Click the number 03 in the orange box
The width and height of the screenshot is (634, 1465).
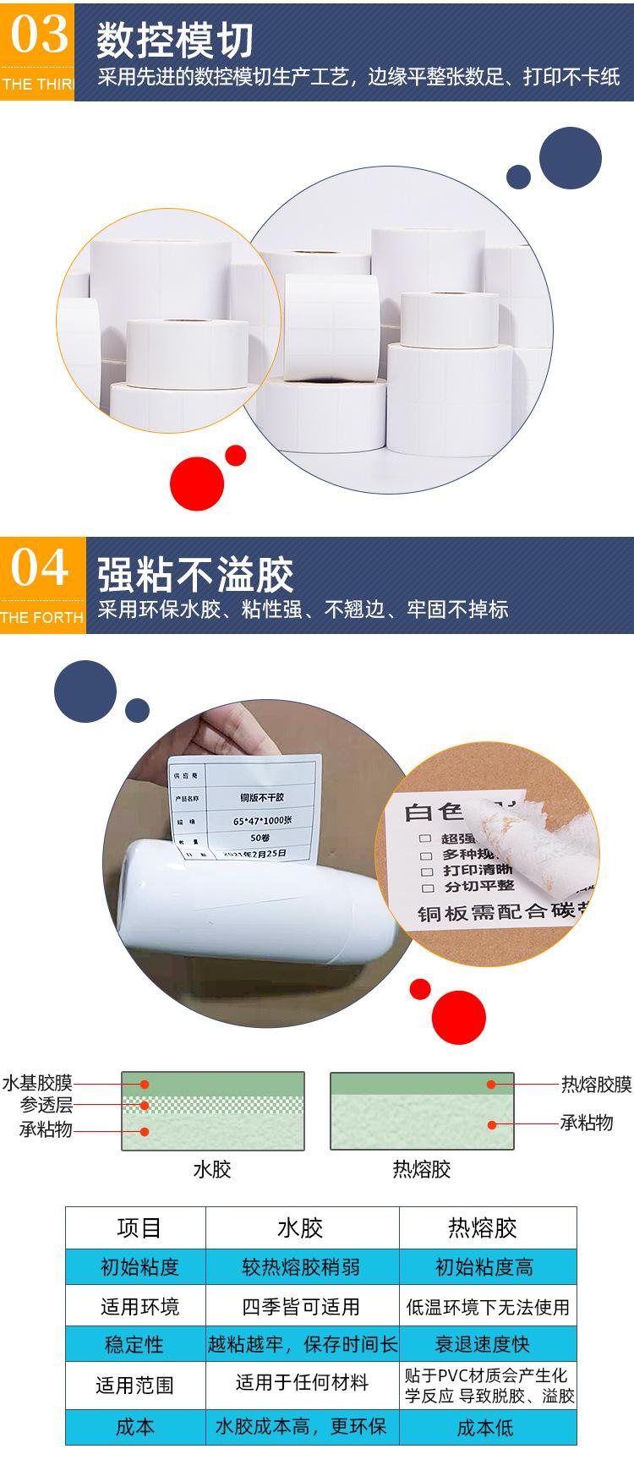click(x=37, y=36)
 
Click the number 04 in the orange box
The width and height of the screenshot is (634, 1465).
click(x=39, y=568)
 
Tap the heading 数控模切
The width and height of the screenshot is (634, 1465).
click(x=174, y=41)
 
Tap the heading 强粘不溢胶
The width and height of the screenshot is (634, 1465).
click(x=195, y=575)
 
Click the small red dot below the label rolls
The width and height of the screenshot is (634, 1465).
click(x=236, y=456)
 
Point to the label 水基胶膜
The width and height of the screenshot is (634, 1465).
click(x=37, y=1083)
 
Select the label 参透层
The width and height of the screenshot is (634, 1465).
click(x=47, y=1105)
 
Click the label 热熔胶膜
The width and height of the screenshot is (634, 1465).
click(x=596, y=1084)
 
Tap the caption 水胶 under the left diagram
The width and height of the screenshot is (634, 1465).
click(x=211, y=1169)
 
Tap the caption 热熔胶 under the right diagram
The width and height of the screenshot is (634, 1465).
click(x=422, y=1169)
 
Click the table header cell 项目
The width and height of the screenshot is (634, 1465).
click(x=139, y=1227)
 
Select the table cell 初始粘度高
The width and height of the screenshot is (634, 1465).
click(x=484, y=1267)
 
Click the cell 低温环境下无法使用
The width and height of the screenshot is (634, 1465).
click(x=488, y=1308)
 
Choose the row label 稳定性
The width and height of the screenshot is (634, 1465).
click(x=134, y=1345)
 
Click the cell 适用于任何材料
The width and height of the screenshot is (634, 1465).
click(x=302, y=1383)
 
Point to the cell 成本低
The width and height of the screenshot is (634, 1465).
click(x=484, y=1428)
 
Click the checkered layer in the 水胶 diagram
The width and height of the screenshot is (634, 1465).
click(x=212, y=1105)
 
